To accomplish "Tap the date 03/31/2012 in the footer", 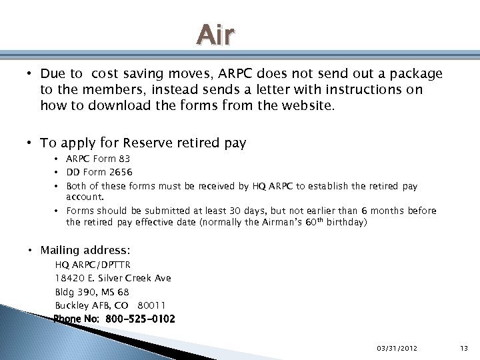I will pos(397,349).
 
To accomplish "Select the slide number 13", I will pos(464,349).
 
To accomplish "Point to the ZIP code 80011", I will pos(151,305).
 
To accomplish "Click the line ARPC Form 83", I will pos(98,159).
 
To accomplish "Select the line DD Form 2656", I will pos(99,172).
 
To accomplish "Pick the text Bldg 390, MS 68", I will pos(92,292).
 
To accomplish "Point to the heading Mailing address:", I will pos(85,251).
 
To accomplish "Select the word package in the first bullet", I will pos(415,73).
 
